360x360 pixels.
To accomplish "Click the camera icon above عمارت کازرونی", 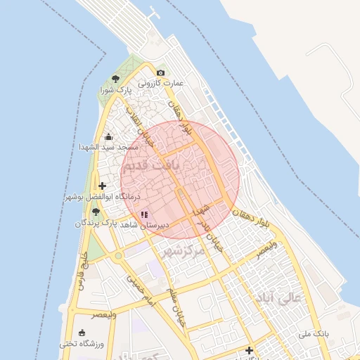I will (161, 73).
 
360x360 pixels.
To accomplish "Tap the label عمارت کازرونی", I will (160, 83).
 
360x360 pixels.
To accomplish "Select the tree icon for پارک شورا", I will (115, 79).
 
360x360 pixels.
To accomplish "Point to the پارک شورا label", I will (115, 90).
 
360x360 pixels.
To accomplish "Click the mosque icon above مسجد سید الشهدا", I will (108, 137).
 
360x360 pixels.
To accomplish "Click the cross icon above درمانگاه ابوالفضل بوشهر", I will (103, 186).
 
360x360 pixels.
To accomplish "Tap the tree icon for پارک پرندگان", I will (96, 212).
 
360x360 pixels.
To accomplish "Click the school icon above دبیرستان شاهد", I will (144, 214).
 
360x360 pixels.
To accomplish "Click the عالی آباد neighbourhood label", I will (278, 299).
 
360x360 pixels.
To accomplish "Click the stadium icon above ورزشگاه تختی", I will (83, 333).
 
